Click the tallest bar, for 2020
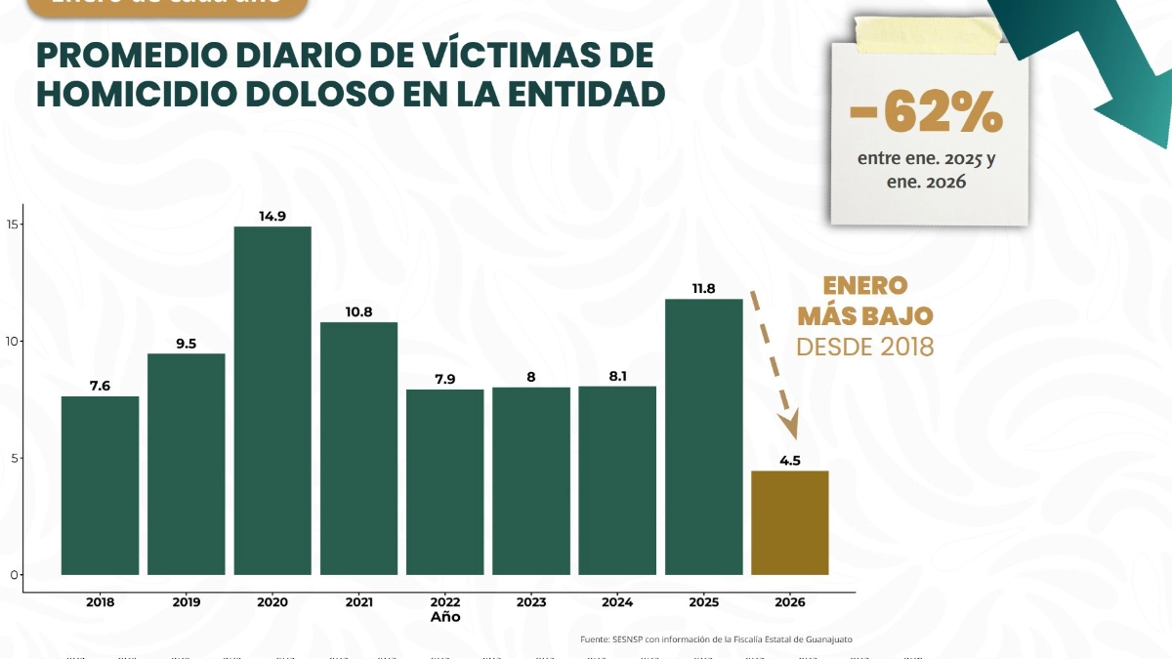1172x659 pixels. [x=272, y=400]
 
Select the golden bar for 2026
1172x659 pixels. [x=789, y=522]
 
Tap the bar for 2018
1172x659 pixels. [x=100, y=485]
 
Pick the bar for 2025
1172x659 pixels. [x=703, y=436]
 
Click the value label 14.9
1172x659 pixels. [x=272, y=217]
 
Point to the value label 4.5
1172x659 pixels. [x=789, y=461]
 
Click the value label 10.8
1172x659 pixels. [x=358, y=312]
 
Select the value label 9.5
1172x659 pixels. [x=186, y=344]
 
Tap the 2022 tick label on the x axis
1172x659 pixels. [x=444, y=602]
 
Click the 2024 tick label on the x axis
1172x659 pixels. [x=617, y=602]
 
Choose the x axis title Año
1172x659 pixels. [x=444, y=617]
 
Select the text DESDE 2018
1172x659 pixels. [x=864, y=347]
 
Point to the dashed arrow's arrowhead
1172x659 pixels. [x=787, y=428]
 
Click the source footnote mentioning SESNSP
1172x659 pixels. [x=722, y=639]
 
